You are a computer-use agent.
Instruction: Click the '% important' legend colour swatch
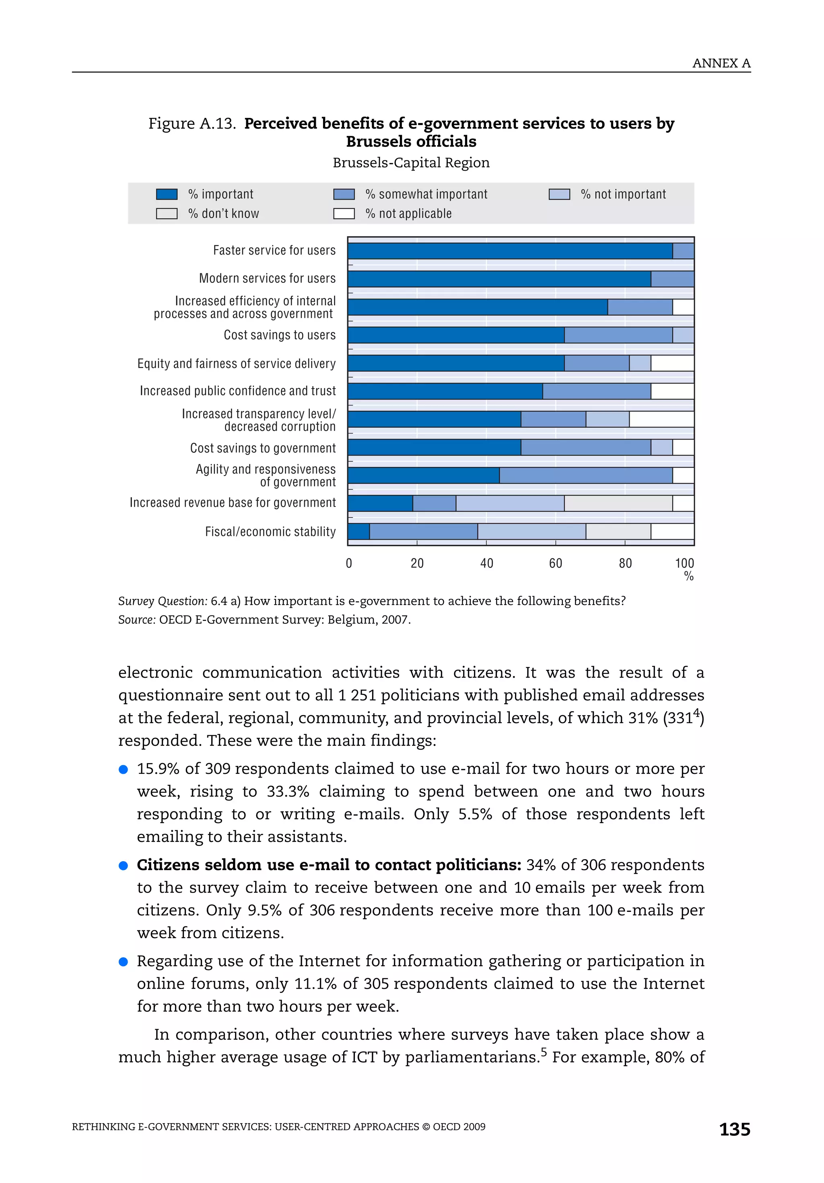[167, 194]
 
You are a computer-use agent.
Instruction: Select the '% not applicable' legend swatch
[344, 213]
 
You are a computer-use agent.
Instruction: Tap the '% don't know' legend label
[223, 213]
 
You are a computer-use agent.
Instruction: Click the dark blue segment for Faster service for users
[510, 251]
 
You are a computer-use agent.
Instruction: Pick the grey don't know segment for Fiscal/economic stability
[618, 531]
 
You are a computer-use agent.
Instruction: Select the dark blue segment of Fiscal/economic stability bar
[358, 531]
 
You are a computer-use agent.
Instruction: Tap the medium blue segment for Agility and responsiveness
[585, 475]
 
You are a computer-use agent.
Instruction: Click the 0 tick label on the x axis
[349, 563]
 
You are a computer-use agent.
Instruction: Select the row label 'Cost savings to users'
[279, 335]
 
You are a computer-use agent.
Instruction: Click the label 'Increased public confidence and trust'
[237, 391]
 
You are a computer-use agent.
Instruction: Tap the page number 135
[734, 1129]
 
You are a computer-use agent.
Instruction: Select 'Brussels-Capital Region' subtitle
[411, 163]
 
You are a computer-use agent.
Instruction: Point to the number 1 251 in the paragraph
[356, 695]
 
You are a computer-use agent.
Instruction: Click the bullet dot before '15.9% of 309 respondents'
[123, 769]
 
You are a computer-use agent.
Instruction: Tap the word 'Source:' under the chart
[136, 619]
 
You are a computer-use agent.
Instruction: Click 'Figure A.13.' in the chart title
[192, 123]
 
